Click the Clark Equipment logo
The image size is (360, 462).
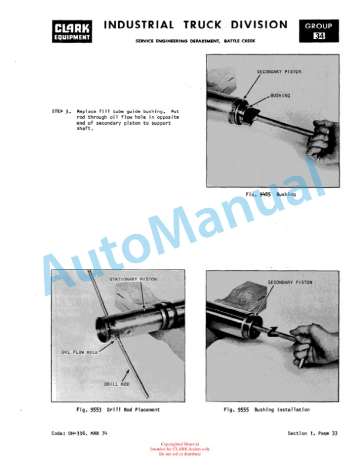click(x=72, y=31)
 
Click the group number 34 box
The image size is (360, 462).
click(x=319, y=31)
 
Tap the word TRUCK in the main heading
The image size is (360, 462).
click(x=203, y=25)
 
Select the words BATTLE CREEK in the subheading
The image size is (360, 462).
click(x=239, y=41)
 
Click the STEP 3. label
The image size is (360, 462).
click(x=61, y=111)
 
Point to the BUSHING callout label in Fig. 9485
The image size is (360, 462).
click(x=280, y=96)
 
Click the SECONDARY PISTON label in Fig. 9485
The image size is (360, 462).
click(x=279, y=72)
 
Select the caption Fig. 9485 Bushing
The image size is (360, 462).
click(x=271, y=194)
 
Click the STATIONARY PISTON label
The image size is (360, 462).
click(x=133, y=279)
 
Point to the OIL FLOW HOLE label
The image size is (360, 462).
click(x=79, y=352)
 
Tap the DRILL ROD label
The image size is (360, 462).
click(x=116, y=384)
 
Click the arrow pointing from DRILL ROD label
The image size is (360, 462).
click(x=125, y=375)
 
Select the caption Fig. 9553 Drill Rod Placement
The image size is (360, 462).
click(x=118, y=410)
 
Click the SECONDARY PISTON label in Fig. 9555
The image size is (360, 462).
click(x=290, y=282)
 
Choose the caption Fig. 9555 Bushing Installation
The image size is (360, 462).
click(x=266, y=410)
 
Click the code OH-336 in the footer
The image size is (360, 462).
click(x=78, y=433)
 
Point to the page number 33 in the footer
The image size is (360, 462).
click(x=335, y=433)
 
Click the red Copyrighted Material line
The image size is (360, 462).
click(x=179, y=444)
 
